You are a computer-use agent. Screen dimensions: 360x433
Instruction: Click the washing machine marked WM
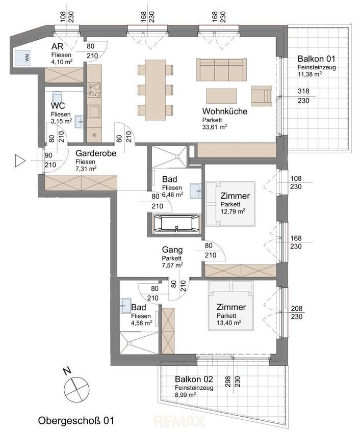click(x=23, y=58)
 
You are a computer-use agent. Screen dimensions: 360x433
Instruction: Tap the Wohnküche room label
click(x=225, y=111)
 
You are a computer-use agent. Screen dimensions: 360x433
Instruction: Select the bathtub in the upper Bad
click(x=176, y=223)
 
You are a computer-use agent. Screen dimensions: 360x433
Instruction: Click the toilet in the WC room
click(x=57, y=97)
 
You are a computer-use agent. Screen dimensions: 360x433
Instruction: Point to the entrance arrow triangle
click(x=20, y=160)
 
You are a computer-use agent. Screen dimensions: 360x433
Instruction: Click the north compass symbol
click(x=76, y=389)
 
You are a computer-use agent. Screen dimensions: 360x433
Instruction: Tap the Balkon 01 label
click(x=316, y=59)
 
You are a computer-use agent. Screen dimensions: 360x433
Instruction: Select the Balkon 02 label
click(x=194, y=379)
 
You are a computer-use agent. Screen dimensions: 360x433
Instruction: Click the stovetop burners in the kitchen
click(x=94, y=90)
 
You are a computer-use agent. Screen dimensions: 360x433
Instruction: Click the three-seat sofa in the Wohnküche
click(x=221, y=69)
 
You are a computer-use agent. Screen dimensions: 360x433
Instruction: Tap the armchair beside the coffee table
click(x=262, y=96)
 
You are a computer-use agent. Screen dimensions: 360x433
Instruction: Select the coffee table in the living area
click(x=221, y=96)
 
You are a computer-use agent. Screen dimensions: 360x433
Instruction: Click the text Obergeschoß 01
click(x=76, y=421)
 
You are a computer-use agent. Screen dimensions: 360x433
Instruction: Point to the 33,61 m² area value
click(x=215, y=127)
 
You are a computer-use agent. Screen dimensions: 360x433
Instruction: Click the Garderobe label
click(x=96, y=153)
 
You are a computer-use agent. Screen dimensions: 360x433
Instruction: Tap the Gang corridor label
click(x=172, y=250)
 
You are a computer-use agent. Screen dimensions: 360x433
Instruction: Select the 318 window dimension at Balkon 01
click(x=303, y=91)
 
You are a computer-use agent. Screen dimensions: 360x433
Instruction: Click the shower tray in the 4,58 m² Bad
click(x=139, y=343)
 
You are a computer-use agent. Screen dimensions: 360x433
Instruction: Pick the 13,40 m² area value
click(x=229, y=322)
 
